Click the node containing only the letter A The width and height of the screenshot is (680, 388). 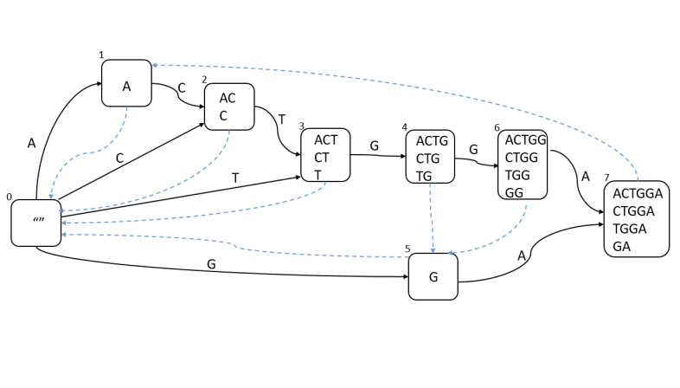pos(126,84)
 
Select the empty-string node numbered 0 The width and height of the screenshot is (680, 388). pos(36,223)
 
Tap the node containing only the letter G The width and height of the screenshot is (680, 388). pos(433,277)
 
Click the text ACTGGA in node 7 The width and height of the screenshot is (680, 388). pos(637,194)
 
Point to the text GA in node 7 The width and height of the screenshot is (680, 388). pos(622,246)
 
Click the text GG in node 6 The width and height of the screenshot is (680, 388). pos(514,192)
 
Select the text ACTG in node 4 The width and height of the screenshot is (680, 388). pos(432,140)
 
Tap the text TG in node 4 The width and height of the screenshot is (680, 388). pos(424,176)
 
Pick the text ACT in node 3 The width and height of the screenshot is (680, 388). pos(326,139)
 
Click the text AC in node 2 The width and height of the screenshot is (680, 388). pos(228,99)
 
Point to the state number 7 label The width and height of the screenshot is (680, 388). pos(606,178)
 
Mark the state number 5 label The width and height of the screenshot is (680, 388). pos(407,249)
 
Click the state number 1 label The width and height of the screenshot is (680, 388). pos(101,55)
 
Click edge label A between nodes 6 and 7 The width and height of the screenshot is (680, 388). pos(585,177)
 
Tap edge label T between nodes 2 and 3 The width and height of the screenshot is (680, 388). pos(281,119)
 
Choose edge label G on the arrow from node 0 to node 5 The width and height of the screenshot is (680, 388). pos(210,263)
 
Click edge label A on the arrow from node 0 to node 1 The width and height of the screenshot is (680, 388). pos(31,144)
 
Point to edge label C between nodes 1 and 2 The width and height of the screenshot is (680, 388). pos(182,87)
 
